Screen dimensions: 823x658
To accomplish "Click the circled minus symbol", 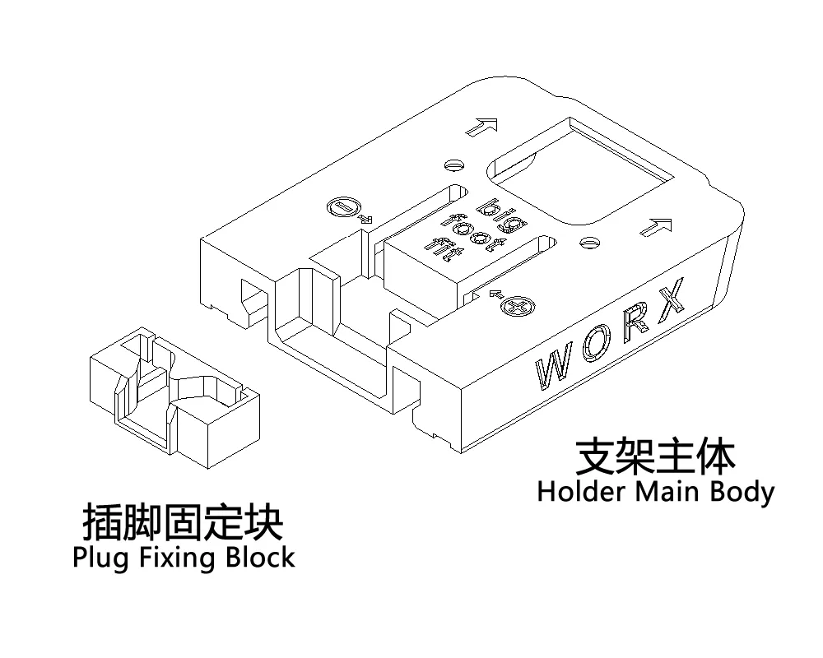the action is pos(342,207).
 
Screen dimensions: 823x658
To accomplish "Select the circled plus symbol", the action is pos(518,306).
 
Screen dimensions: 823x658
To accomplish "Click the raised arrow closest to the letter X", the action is pos(656,227).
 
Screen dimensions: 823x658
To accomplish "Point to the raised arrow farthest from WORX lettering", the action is pos(481,127).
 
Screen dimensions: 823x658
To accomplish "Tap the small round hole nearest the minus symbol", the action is pos(454,164).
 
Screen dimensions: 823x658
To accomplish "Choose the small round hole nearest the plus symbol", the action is pos(589,242).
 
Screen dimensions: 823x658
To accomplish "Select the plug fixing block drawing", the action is pos(174,398).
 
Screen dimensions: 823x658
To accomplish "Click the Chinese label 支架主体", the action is pos(656,456).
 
